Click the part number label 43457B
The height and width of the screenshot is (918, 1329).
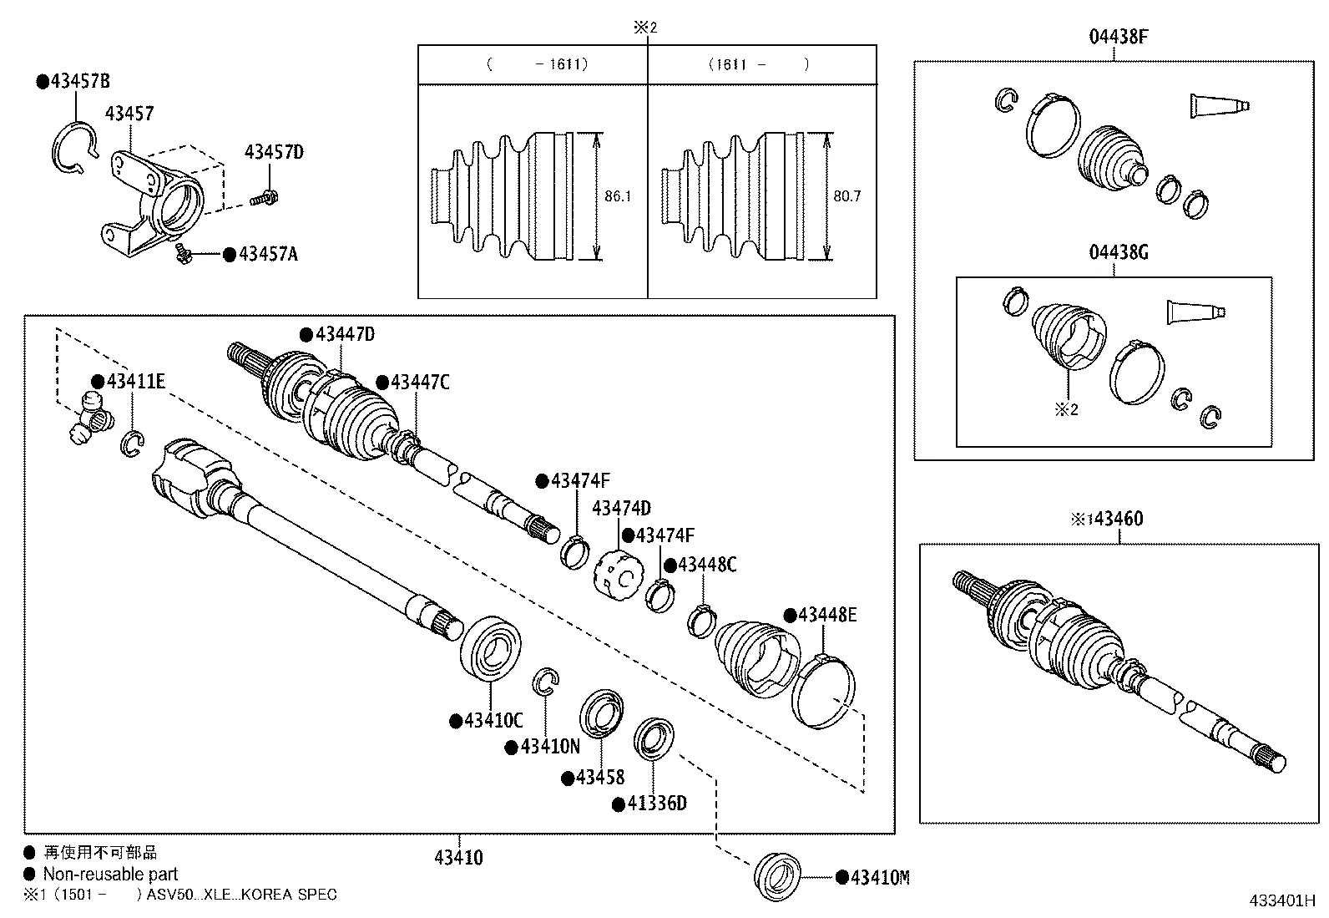click(79, 82)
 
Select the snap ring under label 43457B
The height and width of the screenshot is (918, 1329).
click(73, 149)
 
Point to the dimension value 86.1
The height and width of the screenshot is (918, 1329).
click(618, 197)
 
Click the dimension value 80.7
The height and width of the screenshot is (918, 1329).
click(846, 197)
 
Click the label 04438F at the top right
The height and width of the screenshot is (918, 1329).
click(1118, 37)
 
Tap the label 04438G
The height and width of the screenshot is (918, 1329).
click(1118, 252)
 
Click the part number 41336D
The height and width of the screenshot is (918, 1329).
click(656, 804)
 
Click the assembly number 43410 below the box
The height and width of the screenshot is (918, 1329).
click(458, 857)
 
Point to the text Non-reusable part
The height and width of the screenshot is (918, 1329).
click(110, 875)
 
